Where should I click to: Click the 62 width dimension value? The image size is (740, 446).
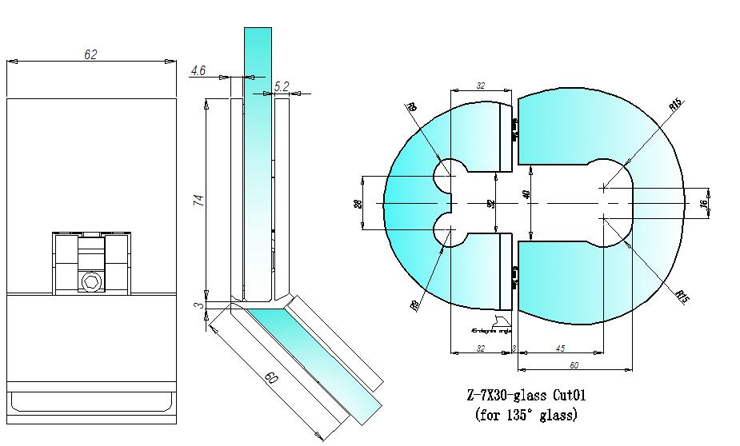(x=90, y=54)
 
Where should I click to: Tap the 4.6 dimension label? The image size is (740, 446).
(x=198, y=71)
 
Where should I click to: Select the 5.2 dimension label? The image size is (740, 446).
(x=282, y=86)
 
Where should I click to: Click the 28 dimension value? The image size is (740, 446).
(x=358, y=204)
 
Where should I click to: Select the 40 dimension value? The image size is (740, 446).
(x=526, y=194)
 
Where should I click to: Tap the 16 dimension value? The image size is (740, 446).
(x=704, y=204)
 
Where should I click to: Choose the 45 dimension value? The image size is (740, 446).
(x=559, y=348)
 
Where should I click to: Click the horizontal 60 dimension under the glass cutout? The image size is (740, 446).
(x=574, y=365)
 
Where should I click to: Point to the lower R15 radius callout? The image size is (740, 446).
(x=682, y=297)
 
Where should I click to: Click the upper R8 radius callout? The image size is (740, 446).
(x=412, y=108)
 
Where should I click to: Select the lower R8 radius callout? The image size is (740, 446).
(x=414, y=303)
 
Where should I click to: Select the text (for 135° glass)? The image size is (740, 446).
(x=526, y=415)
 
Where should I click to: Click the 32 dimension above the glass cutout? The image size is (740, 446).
(x=481, y=84)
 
